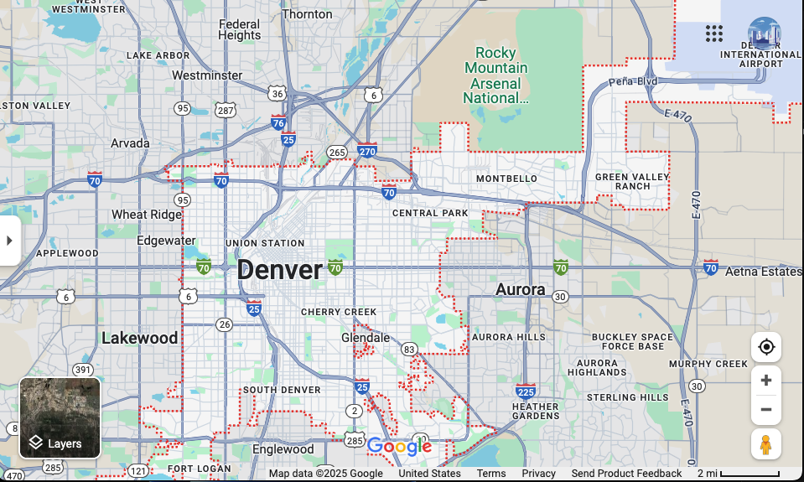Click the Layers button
pyautogui.click(x=60, y=418)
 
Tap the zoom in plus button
pyautogui.click(x=765, y=381)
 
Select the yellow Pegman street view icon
pyautogui.click(x=765, y=444)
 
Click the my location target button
pyautogui.click(x=765, y=347)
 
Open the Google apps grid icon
pyautogui.click(x=713, y=34)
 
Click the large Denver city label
pyautogui.click(x=279, y=270)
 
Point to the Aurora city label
pyautogui.click(x=520, y=289)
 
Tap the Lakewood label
pyautogui.click(x=139, y=338)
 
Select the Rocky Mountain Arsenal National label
pyautogui.click(x=496, y=75)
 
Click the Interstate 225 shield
pyautogui.click(x=526, y=391)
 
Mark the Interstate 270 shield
pyautogui.click(x=366, y=151)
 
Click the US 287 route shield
pyautogui.click(x=225, y=110)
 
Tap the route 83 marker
pyautogui.click(x=409, y=349)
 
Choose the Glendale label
pyautogui.click(x=366, y=338)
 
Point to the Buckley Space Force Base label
pyautogui.click(x=632, y=341)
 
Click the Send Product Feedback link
pyautogui.click(x=626, y=474)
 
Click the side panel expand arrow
pyautogui.click(x=9, y=241)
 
